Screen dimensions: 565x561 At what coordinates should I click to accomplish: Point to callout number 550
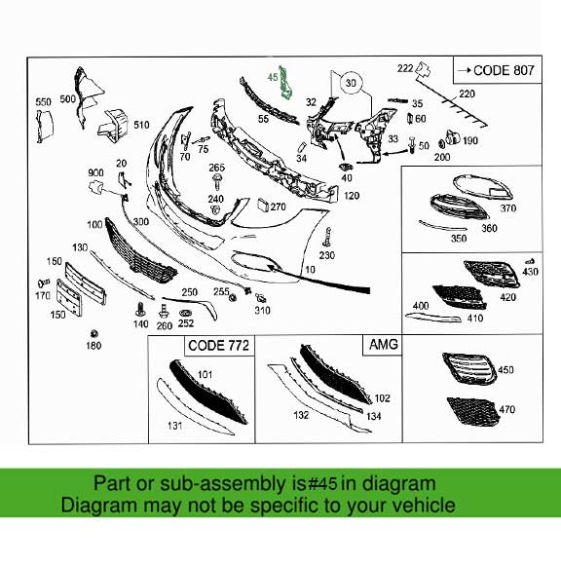pyautogui.click(x=43, y=102)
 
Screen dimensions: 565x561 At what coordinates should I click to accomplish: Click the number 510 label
pyautogui.click(x=141, y=125)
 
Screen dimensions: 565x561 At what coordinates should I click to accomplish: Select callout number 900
pyautogui.click(x=95, y=170)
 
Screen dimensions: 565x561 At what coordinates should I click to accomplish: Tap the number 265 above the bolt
pyautogui.click(x=216, y=168)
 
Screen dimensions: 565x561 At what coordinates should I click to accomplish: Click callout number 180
pyautogui.click(x=93, y=346)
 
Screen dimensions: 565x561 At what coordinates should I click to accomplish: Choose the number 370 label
pyautogui.click(x=507, y=208)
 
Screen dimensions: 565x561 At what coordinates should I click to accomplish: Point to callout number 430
pyautogui.click(x=530, y=271)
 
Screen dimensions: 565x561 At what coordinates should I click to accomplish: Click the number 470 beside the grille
pyautogui.click(x=506, y=411)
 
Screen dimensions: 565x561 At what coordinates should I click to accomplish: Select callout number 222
pyautogui.click(x=405, y=67)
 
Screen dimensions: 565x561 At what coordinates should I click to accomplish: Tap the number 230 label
pyautogui.click(x=326, y=255)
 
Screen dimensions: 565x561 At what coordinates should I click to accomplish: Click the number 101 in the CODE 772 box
pyautogui.click(x=205, y=373)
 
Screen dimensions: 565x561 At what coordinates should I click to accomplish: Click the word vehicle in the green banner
pyautogui.click(x=421, y=506)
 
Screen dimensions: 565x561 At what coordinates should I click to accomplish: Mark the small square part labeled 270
pyautogui.click(x=262, y=207)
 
